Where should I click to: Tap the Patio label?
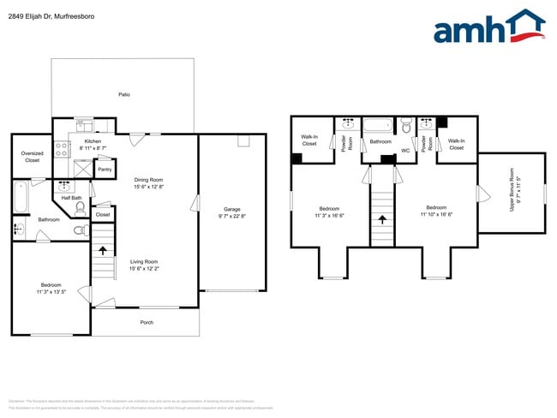(123, 94)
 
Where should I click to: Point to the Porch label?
(147, 322)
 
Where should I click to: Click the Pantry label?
(105, 170)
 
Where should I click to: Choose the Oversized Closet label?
(32, 157)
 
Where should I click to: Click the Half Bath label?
(72, 198)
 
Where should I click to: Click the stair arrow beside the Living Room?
(104, 251)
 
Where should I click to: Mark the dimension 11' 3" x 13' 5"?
(51, 291)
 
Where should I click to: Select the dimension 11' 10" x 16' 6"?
(436, 214)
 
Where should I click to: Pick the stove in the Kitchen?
(62, 147)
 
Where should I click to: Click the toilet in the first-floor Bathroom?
(80, 230)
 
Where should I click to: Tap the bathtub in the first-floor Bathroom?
(20, 199)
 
